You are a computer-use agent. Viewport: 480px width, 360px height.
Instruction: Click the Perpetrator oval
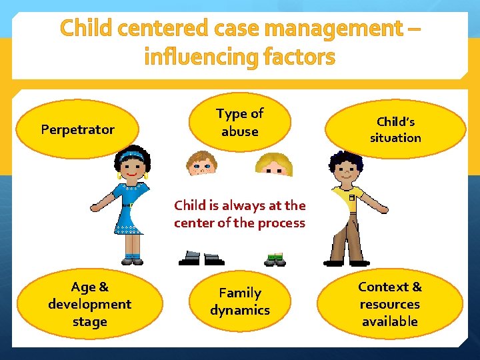pos(78,129)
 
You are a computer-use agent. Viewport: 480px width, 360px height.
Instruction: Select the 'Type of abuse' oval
pos(240,123)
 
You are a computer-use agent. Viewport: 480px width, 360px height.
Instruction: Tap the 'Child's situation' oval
pos(396,129)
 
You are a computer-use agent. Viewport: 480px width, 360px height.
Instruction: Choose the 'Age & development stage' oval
pos(89,304)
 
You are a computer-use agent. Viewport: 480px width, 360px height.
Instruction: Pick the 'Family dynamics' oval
pos(240,301)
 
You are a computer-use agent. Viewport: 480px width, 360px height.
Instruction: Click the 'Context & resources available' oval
pos(389,304)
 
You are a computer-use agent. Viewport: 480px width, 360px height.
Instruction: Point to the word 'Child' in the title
pos(86,29)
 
